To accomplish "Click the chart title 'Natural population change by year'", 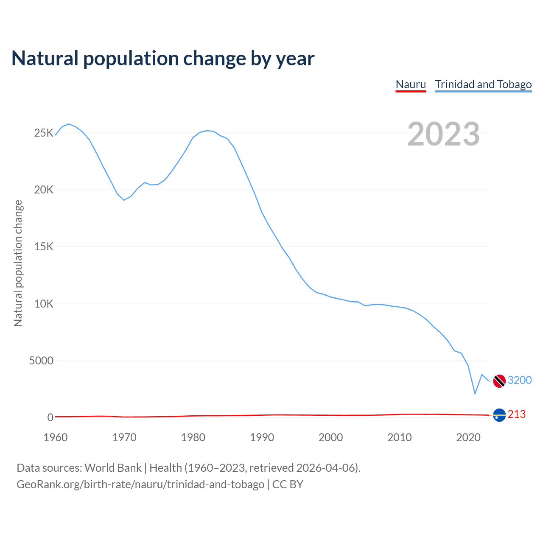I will pos(163,59).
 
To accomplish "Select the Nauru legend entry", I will pos(411,84).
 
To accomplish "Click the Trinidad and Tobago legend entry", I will pos(483,84).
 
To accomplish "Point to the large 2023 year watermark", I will pos(443,134).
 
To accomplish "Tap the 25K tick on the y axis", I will pos(44,133).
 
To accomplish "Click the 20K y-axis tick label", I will pos(44,190).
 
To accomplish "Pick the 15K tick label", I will pos(44,247).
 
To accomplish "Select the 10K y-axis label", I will pos(44,304).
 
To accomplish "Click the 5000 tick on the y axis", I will pos(41,361).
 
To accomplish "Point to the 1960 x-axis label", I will pos(56,437).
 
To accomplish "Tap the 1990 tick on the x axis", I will pos(262,437).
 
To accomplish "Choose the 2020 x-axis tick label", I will pos(468,437).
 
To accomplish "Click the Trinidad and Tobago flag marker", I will pos(499,381).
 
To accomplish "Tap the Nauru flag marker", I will pos(499,415).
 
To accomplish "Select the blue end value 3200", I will pos(520,380).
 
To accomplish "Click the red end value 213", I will pos(516,414).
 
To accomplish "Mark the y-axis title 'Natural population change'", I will pos(18,263).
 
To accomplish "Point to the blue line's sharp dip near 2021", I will pos(475,394).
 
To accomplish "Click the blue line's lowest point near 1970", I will pos(124,200).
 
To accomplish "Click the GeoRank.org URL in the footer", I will pos(140,484).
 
